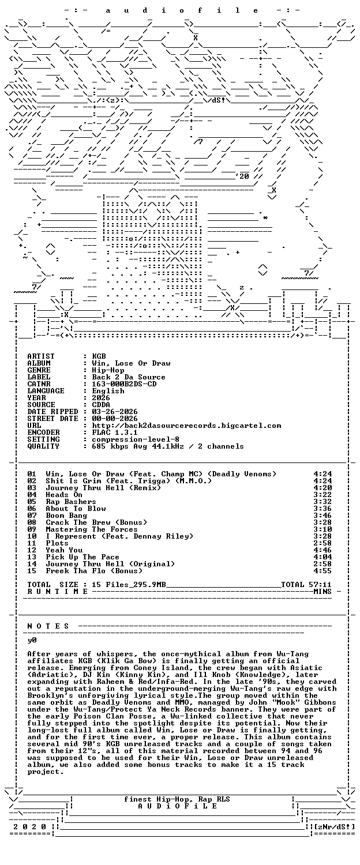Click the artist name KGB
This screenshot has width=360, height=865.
[x=99, y=356]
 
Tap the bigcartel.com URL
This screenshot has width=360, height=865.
[x=186, y=426]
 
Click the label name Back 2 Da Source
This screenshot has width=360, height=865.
[x=129, y=377]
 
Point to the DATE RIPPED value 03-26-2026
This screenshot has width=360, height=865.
[x=115, y=412]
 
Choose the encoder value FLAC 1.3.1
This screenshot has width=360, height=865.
[x=115, y=432]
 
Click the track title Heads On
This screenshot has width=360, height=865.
[x=64, y=495]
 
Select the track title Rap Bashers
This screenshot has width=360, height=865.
[x=71, y=502]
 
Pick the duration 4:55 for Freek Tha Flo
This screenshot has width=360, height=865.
[x=322, y=571]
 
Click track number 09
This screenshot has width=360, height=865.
[x=32, y=529]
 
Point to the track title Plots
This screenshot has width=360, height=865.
[x=57, y=543]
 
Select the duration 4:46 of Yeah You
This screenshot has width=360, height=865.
[x=322, y=550]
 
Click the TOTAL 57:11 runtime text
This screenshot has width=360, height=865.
[x=306, y=585]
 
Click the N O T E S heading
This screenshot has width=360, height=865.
[x=48, y=626]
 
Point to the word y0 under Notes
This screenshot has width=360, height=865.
[x=32, y=640]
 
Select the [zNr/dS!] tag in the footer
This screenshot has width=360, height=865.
[x=335, y=827]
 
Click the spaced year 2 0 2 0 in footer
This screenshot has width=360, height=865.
[x=30, y=827]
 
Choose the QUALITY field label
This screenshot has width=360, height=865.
[x=43, y=446]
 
